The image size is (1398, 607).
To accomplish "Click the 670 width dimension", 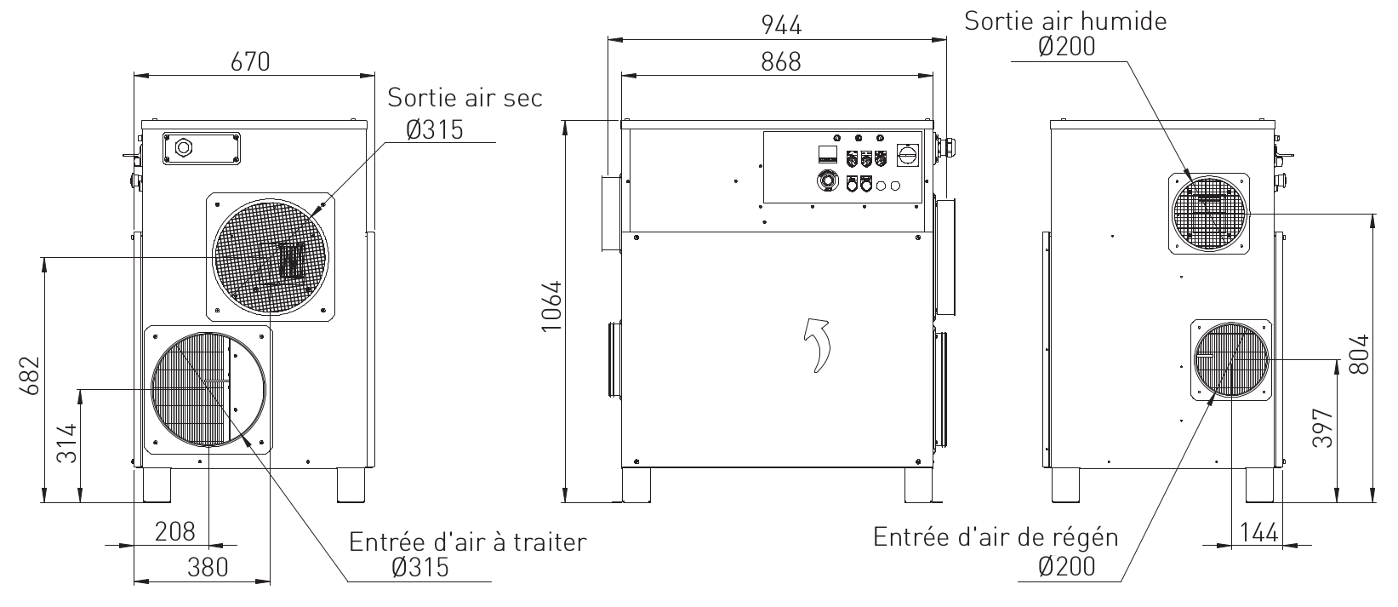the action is coord(250,62).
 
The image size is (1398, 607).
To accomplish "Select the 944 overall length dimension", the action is coord(781,25).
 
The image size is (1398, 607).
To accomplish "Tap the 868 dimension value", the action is coord(781,62).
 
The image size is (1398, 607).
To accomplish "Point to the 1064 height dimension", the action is coord(551,306).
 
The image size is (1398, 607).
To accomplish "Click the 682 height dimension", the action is coord(30,375).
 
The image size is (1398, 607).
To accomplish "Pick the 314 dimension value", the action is coord(67,443).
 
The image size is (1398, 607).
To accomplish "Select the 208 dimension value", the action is coord(174,531).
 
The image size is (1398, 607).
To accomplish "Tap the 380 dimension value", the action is coord(208,568).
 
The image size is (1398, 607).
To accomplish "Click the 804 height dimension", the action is coord(1360,354).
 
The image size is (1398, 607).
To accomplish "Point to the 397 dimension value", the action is coord(1323,427).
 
